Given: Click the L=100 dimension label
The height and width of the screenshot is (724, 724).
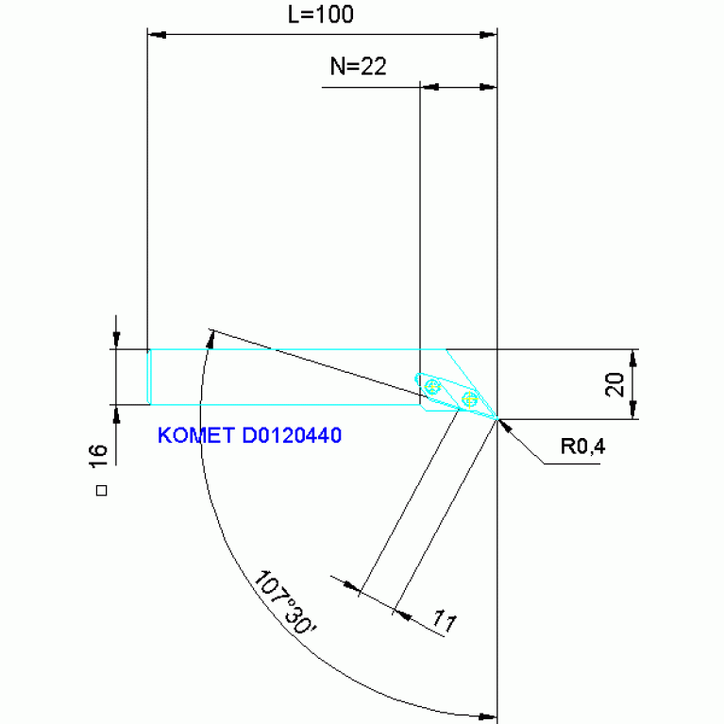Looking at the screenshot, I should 321,16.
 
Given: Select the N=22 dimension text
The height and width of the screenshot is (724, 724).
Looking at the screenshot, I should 358,66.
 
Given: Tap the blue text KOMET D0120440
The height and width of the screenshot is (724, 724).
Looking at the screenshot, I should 249,436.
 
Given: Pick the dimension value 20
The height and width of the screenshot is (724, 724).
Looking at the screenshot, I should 615,383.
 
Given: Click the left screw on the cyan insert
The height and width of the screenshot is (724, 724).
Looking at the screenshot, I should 432,386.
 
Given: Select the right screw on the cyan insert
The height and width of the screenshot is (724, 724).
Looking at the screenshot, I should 468,399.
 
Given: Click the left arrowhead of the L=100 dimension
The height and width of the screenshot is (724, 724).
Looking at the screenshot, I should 157,35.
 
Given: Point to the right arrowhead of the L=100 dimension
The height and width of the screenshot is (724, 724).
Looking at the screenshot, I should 487,35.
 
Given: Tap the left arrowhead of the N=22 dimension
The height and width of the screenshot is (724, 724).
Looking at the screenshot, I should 429,88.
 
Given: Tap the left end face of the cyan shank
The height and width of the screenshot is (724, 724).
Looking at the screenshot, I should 149,377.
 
